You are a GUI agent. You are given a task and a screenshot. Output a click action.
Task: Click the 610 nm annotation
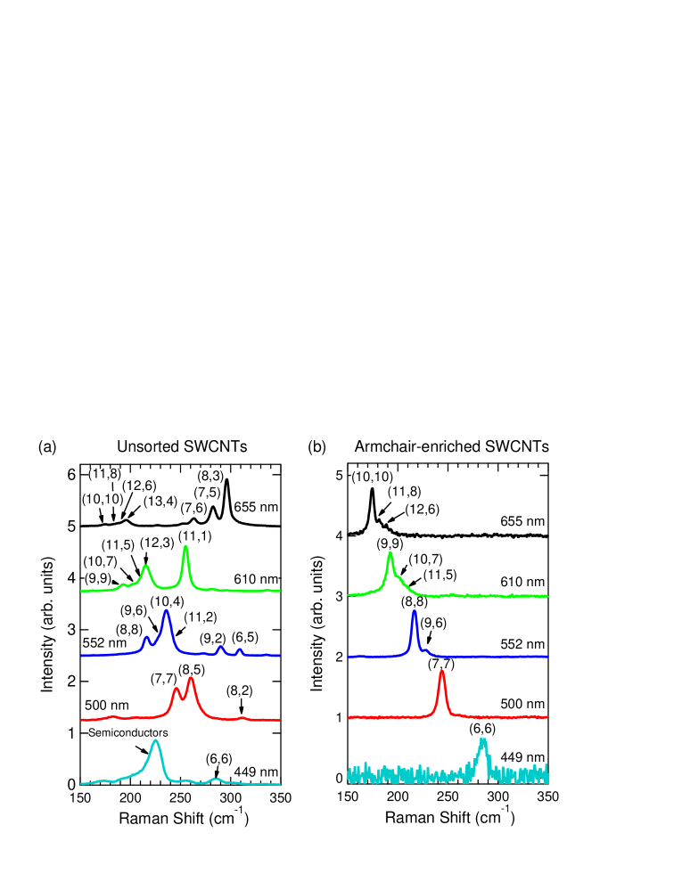click(x=256, y=579)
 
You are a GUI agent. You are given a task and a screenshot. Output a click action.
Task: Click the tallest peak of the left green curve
click(x=185, y=546)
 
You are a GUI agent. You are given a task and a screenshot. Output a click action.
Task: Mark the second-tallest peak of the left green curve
click(x=145, y=566)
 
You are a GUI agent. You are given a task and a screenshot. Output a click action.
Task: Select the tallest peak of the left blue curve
click(x=166, y=611)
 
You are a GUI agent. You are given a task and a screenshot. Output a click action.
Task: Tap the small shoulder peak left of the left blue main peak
click(x=146, y=637)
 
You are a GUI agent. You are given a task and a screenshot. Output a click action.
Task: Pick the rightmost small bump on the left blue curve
click(x=240, y=649)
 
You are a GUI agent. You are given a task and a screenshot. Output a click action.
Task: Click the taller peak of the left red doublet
click(x=191, y=679)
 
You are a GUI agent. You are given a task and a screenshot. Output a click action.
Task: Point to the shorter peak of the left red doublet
click(x=176, y=689)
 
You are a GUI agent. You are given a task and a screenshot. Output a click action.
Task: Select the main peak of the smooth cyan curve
click(x=156, y=740)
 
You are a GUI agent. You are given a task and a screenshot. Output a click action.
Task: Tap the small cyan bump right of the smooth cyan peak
click(x=215, y=779)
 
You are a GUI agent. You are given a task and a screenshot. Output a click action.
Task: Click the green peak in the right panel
click(x=390, y=553)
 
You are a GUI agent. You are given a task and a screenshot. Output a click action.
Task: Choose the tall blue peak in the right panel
click(x=414, y=611)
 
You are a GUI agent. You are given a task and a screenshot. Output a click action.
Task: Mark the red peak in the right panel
click(x=441, y=672)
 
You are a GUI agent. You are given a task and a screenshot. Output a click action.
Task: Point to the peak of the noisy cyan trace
click(x=482, y=740)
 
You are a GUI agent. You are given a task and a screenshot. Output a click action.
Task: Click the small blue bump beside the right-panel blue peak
click(x=425, y=649)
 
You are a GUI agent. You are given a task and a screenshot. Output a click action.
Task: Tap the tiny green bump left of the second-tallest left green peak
click(x=123, y=584)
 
